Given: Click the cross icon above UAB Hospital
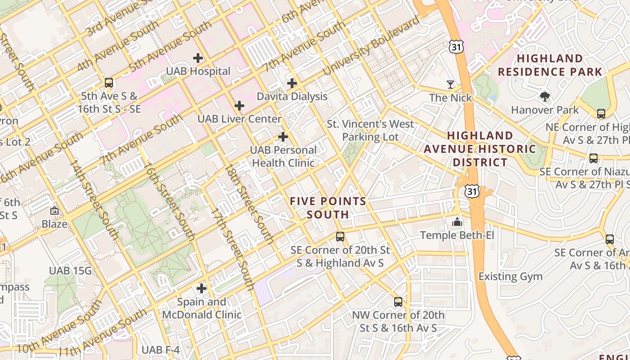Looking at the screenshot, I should pos(198,58).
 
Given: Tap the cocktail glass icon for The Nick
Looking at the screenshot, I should pos(450,84).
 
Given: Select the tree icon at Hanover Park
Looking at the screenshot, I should pos(544,96).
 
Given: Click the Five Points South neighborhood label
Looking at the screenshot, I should pos(328,207).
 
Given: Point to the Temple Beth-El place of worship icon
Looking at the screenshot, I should pos(457,221).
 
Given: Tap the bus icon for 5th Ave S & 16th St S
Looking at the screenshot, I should pos(108,83).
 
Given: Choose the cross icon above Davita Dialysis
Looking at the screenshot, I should pos(292,83).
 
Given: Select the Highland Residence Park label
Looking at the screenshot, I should pos(549,65).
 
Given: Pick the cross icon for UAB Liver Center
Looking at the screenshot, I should pos(239,106).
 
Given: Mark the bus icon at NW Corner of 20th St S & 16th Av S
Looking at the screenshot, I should pos(398,301).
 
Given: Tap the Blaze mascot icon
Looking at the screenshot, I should pos(54,211).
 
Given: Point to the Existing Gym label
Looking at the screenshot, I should pos(510,276).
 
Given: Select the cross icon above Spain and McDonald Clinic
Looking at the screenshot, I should pos(202,288).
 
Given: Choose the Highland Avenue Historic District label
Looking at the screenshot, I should pos(480,149).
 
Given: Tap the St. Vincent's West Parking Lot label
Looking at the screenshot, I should pos(370,130).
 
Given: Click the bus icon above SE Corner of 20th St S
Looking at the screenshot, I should pos(340,237).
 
